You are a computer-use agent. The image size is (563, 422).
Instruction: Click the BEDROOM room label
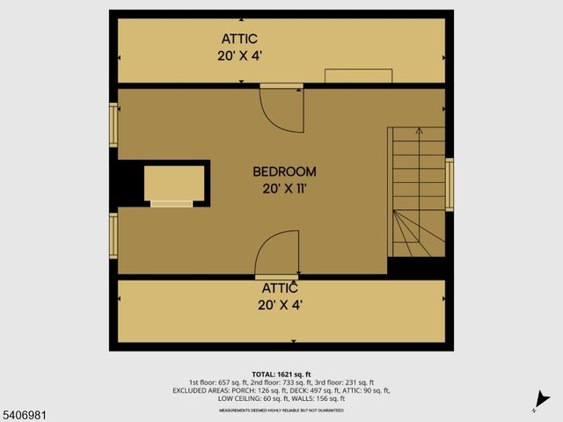click(x=284, y=171)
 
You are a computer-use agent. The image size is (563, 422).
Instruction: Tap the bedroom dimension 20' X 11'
click(x=284, y=187)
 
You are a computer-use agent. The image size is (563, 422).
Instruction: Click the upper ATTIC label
click(x=238, y=39)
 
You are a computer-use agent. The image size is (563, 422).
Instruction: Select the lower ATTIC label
click(x=280, y=287)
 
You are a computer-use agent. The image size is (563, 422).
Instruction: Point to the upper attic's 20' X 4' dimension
click(x=239, y=55)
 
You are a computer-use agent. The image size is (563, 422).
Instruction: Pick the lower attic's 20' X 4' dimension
click(x=280, y=305)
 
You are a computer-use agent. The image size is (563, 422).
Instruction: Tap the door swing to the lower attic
click(x=277, y=254)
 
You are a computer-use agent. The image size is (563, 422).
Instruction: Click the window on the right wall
click(x=450, y=185)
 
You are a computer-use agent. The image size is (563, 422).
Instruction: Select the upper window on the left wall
click(x=113, y=125)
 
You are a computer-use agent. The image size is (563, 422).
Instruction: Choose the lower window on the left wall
click(x=113, y=236)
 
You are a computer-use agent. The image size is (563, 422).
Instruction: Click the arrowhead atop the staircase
click(x=418, y=132)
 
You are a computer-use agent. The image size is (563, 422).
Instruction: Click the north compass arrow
click(x=543, y=400)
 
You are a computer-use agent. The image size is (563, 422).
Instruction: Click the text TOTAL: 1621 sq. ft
click(x=281, y=373)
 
